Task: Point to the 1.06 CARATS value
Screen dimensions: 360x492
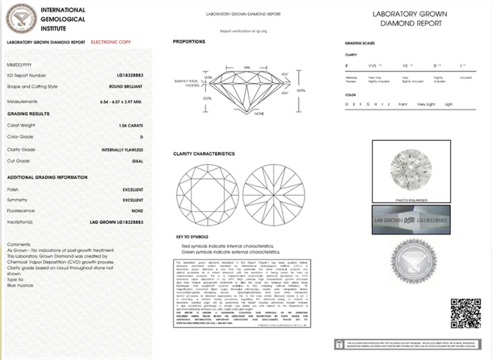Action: [x=133, y=126]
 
